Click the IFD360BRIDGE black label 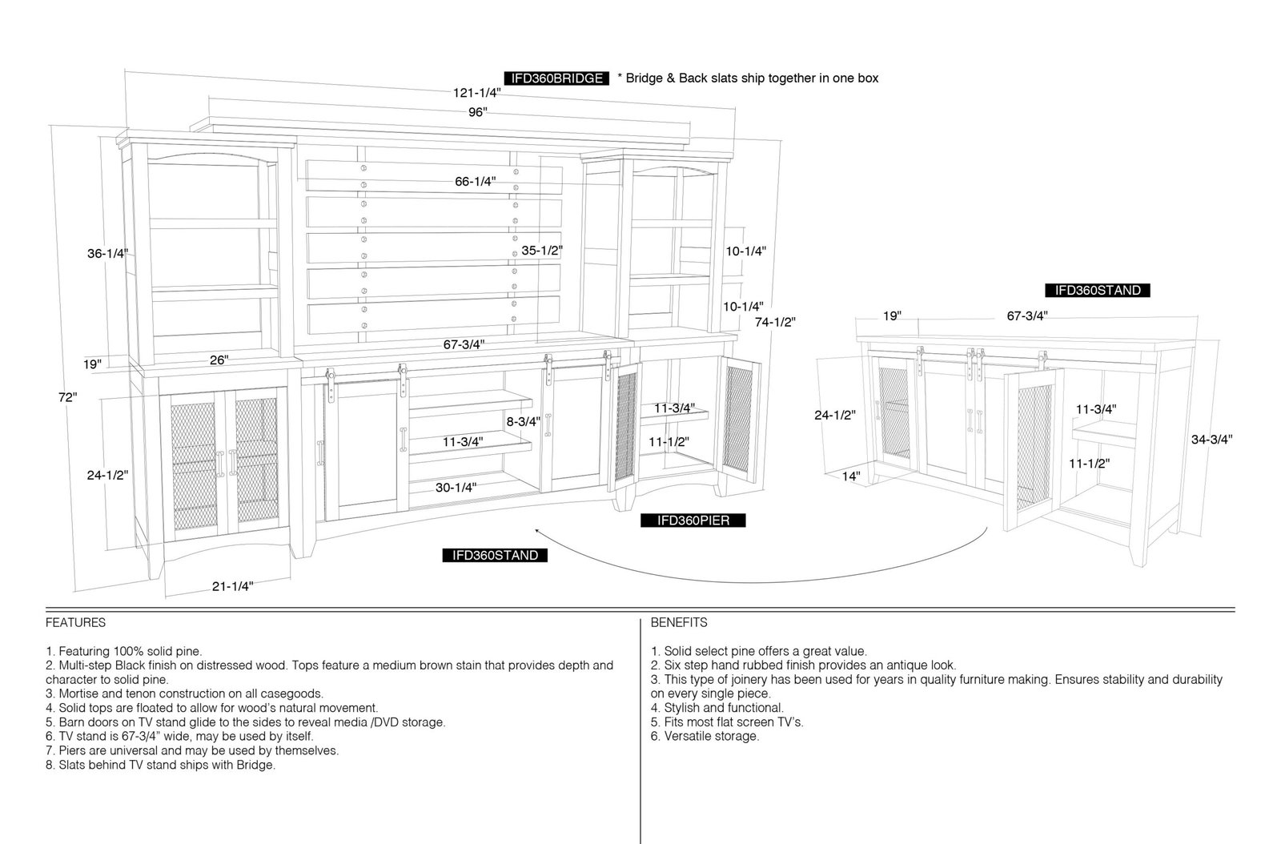coord(556,78)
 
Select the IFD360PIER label coord(693,520)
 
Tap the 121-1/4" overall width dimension coord(477,93)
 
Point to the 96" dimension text coord(477,112)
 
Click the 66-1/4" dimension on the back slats coord(476,182)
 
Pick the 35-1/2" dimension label coord(542,251)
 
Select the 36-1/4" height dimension coord(107,253)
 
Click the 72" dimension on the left coord(67,397)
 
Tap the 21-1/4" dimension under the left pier coord(233,586)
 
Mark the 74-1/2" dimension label coord(775,322)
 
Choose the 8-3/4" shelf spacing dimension coord(524,422)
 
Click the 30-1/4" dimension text coord(456,488)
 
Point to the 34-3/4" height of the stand coord(1212,440)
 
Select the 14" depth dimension coord(851,476)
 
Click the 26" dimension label coord(219,360)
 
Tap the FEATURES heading coord(75,623)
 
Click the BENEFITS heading coord(679,623)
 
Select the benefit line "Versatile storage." coord(705,737)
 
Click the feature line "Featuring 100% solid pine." coord(124,651)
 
